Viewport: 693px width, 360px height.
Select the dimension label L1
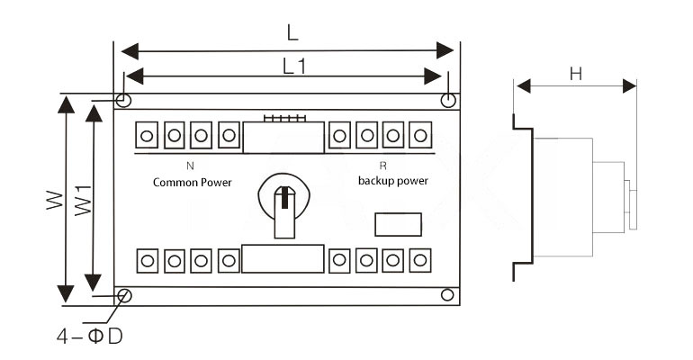tap(293, 66)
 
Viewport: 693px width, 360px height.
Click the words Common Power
tap(192, 183)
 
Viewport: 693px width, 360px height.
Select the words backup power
tap(392, 181)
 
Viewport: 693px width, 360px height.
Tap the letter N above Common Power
tap(190, 166)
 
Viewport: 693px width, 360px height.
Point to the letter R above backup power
tap(382, 166)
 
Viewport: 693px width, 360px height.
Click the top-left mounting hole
tap(124, 99)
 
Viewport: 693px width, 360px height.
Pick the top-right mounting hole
tap(447, 99)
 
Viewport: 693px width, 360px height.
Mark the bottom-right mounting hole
tap(446, 294)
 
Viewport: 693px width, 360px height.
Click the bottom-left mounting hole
tap(125, 294)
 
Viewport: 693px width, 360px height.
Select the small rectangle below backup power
tap(396, 222)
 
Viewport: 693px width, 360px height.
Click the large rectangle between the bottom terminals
tap(283, 259)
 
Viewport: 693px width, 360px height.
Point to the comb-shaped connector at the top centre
tap(283, 118)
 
